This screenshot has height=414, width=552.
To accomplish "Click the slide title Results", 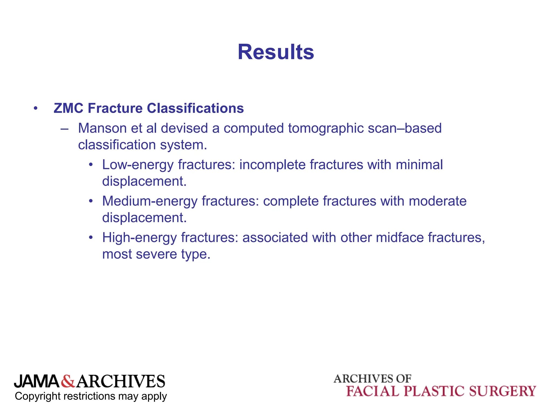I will point(276,52).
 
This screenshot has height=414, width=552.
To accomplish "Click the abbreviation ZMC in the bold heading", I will point(68,108).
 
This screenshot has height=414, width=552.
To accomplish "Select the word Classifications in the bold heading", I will point(195,108).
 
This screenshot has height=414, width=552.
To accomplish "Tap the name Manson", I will point(102,128).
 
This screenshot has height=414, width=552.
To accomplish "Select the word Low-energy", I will point(138,165).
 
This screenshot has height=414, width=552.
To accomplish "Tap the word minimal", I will point(419,165).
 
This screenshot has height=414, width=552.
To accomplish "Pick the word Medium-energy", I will point(150,201).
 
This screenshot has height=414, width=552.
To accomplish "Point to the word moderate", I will point(437,201).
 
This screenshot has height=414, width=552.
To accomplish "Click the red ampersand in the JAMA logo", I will point(68,381).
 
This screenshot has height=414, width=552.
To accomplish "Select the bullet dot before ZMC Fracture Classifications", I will point(36,109).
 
